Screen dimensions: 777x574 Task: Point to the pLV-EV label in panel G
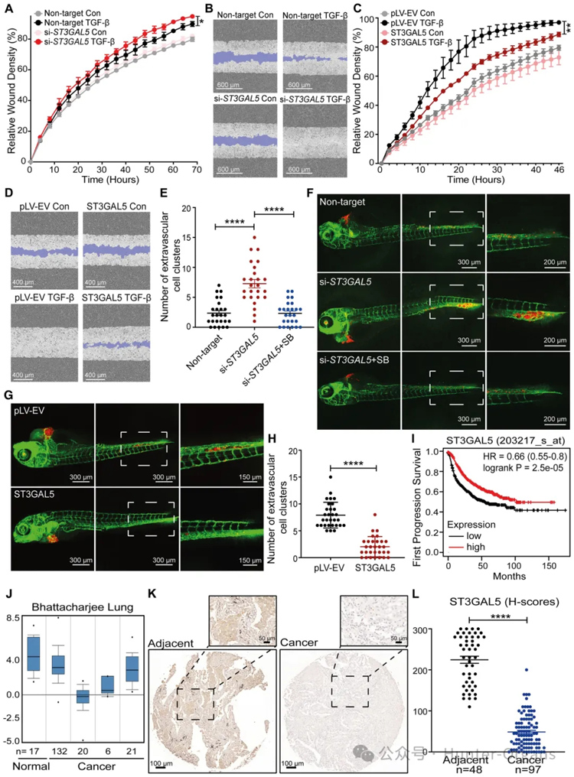click(31, 412)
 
